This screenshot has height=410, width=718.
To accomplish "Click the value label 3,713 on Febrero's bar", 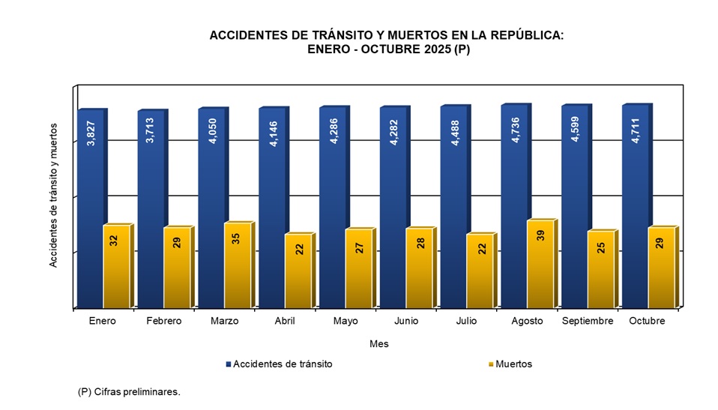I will tap(151, 130).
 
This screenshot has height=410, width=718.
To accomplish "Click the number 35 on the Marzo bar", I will tap(238, 240).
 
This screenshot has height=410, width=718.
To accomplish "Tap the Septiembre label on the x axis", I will tap(588, 321).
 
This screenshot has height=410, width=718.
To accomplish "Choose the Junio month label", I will tap(405, 321).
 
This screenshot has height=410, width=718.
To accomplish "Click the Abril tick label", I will tap(285, 321).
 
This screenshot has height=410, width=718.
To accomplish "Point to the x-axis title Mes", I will tap(379, 344).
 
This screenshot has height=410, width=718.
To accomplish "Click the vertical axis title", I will tap(54, 194).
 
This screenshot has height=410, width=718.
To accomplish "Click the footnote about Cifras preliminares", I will tap(129, 392).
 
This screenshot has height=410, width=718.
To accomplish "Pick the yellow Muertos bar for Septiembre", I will tap(601, 271).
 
